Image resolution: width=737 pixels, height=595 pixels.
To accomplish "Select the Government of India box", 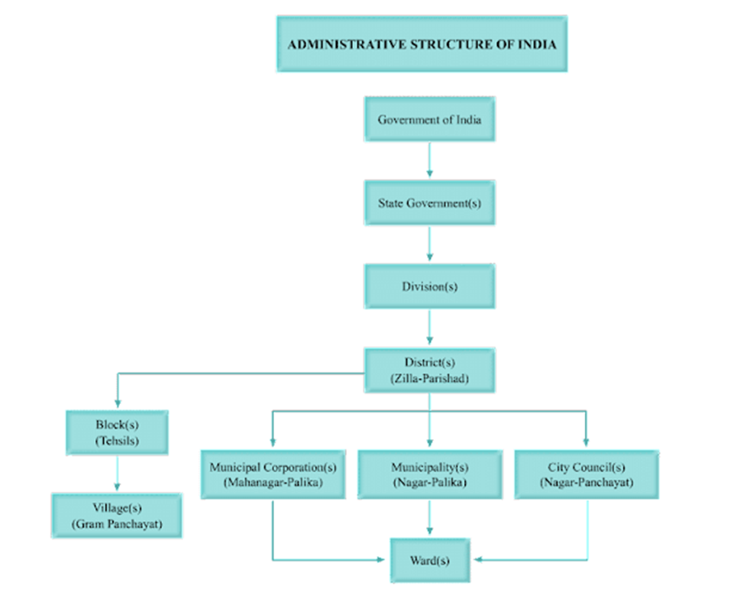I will coord(429,119).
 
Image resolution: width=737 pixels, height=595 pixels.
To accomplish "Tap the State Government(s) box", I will coord(429,203).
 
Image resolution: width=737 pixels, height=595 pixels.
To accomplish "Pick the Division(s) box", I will coord(429,287).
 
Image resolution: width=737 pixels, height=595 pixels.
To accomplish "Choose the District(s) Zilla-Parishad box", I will coord(429,370).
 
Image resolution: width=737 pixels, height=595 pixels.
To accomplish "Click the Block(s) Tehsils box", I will coord(117,432).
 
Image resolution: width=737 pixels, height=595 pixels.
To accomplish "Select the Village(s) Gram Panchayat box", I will coord(117,516).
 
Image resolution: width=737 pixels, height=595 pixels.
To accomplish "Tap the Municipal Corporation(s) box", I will coord(272,474).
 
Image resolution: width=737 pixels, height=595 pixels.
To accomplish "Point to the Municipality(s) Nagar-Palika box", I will coord(429,474).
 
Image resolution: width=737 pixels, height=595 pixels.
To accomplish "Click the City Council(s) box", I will coord(587,474).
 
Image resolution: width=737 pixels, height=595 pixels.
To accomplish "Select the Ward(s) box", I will coord(429,560).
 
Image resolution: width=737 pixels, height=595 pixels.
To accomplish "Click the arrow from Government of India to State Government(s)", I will coord(429,161).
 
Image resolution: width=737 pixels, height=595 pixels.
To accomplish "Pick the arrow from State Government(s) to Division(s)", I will coord(429,245).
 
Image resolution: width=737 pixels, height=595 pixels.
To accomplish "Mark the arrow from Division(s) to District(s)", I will coord(429,328).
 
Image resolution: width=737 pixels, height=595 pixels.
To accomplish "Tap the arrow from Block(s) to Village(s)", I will coord(117,474).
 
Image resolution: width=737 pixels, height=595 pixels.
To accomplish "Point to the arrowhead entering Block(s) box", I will coord(117,403).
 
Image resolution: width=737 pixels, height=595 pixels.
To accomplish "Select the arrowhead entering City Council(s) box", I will coord(587,441).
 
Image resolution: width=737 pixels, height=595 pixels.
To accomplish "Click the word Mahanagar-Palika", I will coord(272,483).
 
